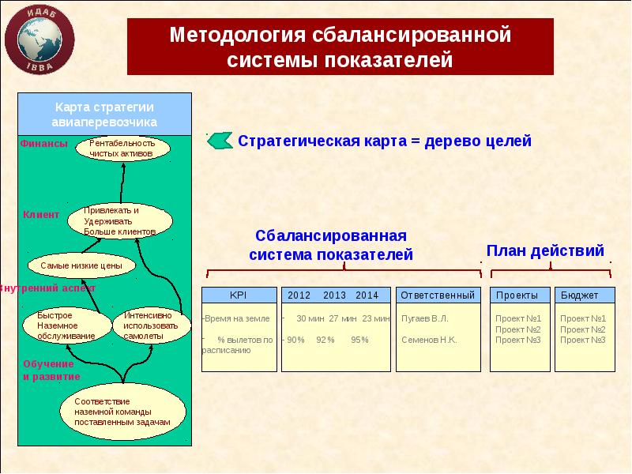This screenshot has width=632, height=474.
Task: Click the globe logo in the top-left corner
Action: coord(40,40)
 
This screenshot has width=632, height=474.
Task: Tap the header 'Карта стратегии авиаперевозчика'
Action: coord(104,115)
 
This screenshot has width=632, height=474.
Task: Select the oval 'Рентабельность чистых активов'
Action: coord(122,149)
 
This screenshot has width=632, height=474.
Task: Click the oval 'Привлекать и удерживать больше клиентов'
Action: coord(118,221)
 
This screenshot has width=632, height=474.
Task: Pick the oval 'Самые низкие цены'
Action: coord(81,266)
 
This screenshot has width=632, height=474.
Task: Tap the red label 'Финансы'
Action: coord(44,143)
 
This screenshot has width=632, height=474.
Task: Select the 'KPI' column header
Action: coord(238,295)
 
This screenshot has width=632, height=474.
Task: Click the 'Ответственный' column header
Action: coord(438,295)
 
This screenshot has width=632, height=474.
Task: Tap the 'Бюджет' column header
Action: coord(579,295)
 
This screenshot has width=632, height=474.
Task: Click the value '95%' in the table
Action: coord(360,340)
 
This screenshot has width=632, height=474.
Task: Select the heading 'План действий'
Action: coord(545,250)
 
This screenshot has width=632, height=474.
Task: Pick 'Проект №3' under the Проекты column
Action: coord(517,340)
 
